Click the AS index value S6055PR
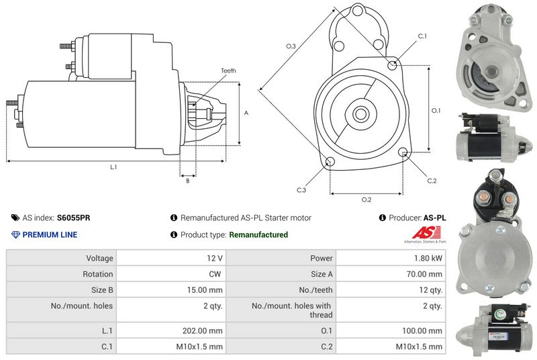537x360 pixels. coord(74,218)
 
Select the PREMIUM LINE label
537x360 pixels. coord(50,234)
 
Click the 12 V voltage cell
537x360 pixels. coord(215,258)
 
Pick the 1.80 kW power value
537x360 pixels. coord(429,258)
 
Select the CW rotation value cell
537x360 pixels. coord(215,274)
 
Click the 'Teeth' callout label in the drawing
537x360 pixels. coord(228,71)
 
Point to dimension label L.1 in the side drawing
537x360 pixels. coord(113,167)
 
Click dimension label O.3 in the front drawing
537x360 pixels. coord(291,46)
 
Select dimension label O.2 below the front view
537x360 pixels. coord(367,199)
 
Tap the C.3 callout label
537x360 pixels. coord(301,190)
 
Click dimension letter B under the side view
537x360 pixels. coord(187,180)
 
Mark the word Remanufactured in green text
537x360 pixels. coord(258,234)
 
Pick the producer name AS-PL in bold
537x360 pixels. coord(434,218)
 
